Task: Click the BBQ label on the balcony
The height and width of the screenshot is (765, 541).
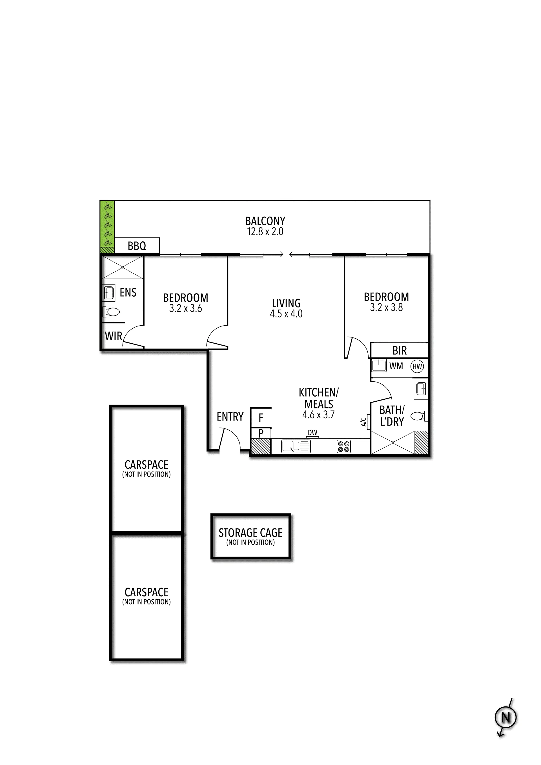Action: (x=137, y=246)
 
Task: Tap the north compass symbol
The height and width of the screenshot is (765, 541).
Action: (x=506, y=717)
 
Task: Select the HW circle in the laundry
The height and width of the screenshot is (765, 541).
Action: (x=417, y=366)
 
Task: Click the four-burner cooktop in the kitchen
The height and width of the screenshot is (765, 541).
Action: (x=344, y=446)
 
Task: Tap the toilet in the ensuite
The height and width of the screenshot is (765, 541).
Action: (x=111, y=312)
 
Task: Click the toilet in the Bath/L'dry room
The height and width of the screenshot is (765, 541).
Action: (x=419, y=416)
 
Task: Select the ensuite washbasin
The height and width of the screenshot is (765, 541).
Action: (x=109, y=293)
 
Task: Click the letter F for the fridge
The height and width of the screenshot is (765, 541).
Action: (x=261, y=418)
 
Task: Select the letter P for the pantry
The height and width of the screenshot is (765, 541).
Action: (x=261, y=433)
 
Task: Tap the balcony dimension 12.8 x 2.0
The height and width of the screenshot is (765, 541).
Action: (x=265, y=232)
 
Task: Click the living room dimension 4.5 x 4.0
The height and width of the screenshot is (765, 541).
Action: (x=286, y=313)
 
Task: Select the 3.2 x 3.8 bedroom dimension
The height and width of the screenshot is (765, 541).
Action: (x=386, y=307)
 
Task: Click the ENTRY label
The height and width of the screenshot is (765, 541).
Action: (x=230, y=417)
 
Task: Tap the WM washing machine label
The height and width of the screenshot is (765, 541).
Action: (x=396, y=366)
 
